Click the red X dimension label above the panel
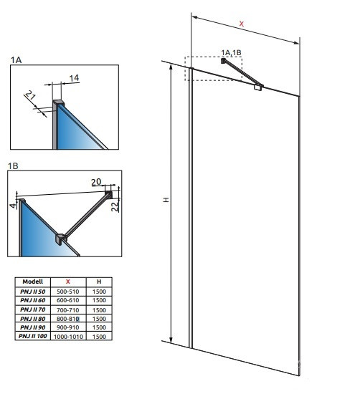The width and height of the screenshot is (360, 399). point(241,24)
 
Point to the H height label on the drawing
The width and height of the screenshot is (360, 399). point(166,200)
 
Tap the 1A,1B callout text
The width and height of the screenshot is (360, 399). point(231,53)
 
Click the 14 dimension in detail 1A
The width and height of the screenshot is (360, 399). point(74,78)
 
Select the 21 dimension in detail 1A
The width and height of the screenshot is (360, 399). point(30,95)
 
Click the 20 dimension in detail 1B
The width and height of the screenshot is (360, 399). point(96,182)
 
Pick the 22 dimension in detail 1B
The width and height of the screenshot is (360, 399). point(115,206)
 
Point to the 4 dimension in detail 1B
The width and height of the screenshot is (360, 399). point(13,205)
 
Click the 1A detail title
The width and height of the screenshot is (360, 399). point(16,60)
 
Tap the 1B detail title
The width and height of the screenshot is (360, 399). point(13,166)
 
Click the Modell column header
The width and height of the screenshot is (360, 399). point(33,282)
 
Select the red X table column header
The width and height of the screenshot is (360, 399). point(68,282)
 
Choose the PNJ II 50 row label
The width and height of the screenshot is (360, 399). point(33,292)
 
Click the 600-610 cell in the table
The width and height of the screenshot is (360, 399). point(68,300)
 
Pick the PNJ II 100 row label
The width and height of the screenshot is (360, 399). point(33,336)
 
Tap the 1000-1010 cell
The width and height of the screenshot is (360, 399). point(68,337)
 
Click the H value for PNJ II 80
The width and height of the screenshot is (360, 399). point(99,319)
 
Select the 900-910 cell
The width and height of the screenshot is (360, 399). point(68,327)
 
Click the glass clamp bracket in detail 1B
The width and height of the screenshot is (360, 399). point(61,239)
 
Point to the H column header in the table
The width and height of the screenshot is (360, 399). point(99,282)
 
